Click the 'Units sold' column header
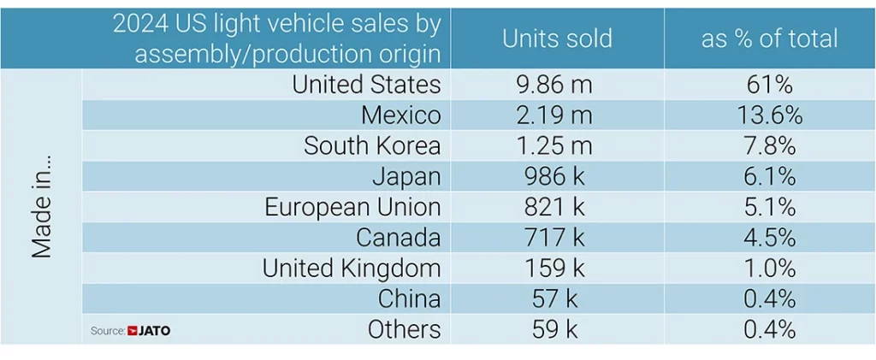557,38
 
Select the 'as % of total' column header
769,38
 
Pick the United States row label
366,84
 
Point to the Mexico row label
400,115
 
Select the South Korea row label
372,145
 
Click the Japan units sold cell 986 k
557,176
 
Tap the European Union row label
352,207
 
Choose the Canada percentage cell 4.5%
769,237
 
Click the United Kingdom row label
351,268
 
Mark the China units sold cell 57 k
557,298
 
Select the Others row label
404,329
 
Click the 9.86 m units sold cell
557,84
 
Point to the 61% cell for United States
769,84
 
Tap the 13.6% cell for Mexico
769,115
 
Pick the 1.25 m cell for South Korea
557,145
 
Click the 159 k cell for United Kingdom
557,268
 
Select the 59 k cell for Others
557,329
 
